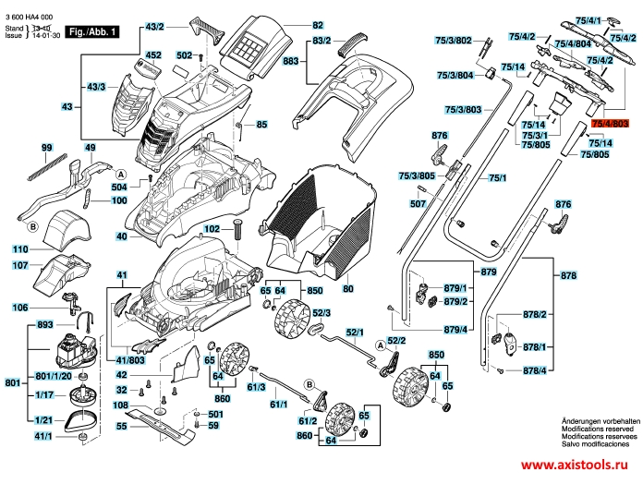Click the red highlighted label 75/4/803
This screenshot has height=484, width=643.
pyautogui.click(x=610, y=123)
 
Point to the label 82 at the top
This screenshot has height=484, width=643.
pyautogui.click(x=318, y=24)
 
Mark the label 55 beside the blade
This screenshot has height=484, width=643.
pyautogui.click(x=120, y=427)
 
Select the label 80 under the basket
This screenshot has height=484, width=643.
pyautogui.click(x=348, y=289)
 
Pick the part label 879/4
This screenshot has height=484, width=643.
pyautogui.click(x=455, y=330)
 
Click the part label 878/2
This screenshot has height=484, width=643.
pyautogui.click(x=535, y=315)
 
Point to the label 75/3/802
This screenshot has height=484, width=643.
pyautogui.click(x=454, y=41)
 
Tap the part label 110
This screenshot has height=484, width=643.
pyautogui.click(x=20, y=249)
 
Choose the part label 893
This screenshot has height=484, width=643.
pyautogui.click(x=43, y=325)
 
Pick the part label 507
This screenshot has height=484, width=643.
pyautogui.click(x=418, y=203)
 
